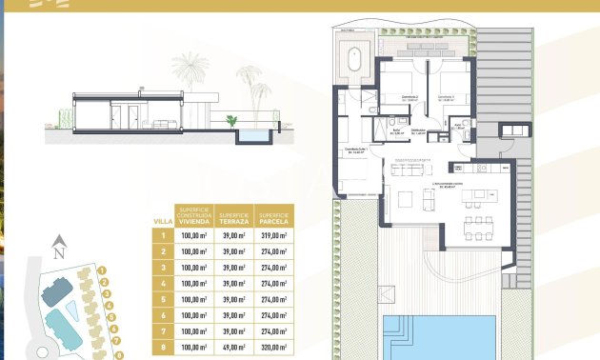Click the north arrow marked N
58,255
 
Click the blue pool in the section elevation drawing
252,137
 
